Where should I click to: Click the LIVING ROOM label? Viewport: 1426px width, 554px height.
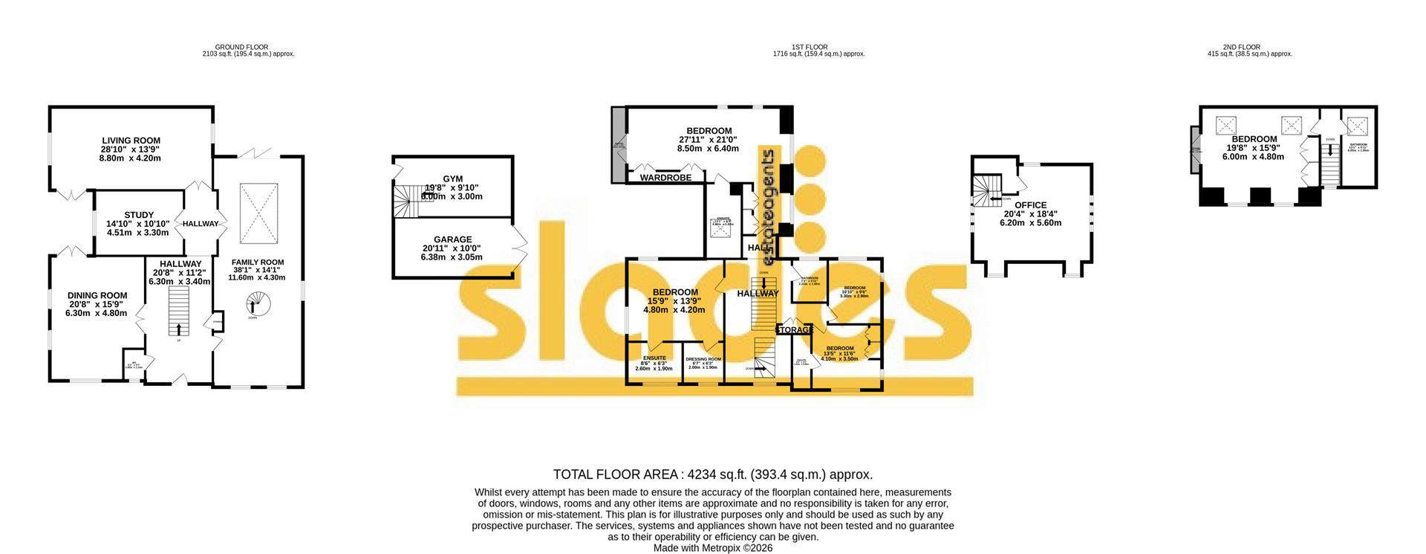pyautogui.click(x=131, y=141)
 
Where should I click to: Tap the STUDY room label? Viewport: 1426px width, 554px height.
pyautogui.click(x=139, y=215)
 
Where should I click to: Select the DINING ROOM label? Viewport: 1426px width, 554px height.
pyautogui.click(x=97, y=295)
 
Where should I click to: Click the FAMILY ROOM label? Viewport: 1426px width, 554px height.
pyautogui.click(x=257, y=262)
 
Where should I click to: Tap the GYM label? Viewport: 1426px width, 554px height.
pyautogui.click(x=452, y=179)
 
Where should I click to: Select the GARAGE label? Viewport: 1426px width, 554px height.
pyautogui.click(x=452, y=239)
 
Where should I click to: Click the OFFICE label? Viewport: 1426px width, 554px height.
pyautogui.click(x=1030, y=205)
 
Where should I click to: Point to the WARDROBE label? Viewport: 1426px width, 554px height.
pyautogui.click(x=665, y=178)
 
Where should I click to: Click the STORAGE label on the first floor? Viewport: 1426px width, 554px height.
pyautogui.click(x=795, y=329)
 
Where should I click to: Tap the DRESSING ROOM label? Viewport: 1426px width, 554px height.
pyautogui.click(x=703, y=359)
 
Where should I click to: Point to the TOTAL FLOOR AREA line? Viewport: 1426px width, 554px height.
pyautogui.click(x=712, y=474)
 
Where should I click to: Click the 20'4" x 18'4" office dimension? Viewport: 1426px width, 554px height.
pyautogui.click(x=1030, y=214)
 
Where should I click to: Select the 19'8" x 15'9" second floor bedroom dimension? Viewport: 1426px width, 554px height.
pyautogui.click(x=1254, y=148)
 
